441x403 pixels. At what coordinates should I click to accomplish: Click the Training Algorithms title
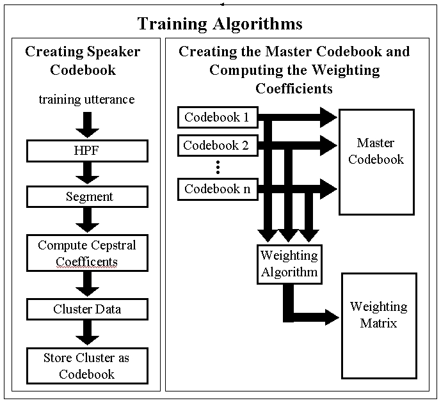(220, 24)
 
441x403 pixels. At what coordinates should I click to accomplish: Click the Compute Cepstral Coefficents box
(88, 253)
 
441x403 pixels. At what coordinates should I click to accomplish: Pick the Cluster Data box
(88, 309)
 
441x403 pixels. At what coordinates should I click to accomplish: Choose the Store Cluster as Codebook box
(88, 365)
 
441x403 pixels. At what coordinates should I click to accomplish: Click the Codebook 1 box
(217, 117)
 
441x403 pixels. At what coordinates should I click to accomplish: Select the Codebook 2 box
(217, 145)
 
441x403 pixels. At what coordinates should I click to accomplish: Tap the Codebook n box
(217, 189)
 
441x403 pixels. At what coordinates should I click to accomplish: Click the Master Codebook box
(376, 161)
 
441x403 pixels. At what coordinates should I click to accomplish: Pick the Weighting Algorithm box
(289, 264)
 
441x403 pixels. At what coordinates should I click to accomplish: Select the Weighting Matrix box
(379, 315)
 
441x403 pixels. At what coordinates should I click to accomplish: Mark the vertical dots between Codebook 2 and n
(218, 167)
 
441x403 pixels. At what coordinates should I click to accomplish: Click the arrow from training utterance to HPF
(88, 123)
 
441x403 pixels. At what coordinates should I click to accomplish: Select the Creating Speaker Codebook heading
(83, 60)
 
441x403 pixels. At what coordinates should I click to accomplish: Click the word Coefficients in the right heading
(294, 88)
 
